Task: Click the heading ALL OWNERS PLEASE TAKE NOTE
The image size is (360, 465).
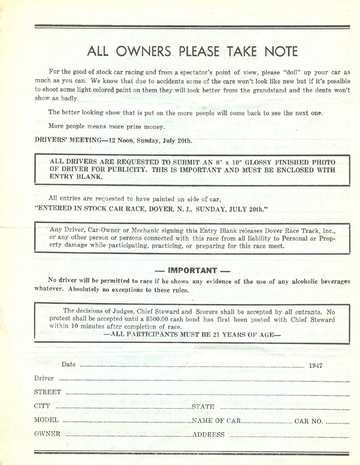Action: pos(192,51)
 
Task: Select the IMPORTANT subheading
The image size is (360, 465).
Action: pos(192,271)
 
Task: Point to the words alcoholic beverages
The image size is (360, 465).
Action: pos(313,281)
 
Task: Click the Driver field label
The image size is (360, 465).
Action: pos(44,378)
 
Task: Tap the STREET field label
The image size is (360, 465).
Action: pos(47,392)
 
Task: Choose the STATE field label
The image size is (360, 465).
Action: pos(203,406)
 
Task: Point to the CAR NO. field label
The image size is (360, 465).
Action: pos(309,421)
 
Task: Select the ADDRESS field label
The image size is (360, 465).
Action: pos(208,435)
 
